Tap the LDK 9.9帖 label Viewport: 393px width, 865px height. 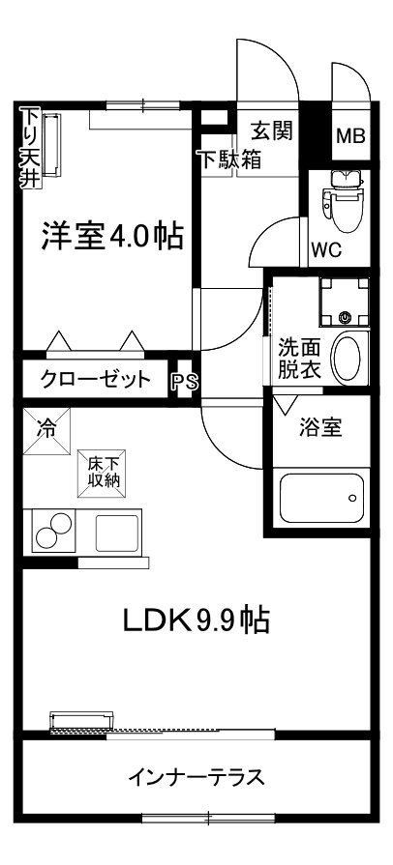tap(196, 621)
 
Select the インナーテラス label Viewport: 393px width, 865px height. tap(196, 777)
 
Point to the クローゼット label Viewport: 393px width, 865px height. tap(96, 379)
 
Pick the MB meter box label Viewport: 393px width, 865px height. tap(351, 136)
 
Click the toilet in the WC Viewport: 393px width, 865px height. tap(343, 200)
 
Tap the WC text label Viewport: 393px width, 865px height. tap(326, 250)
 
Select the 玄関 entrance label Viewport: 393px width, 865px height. tap(272, 130)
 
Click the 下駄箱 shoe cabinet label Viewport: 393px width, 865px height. tap(230, 160)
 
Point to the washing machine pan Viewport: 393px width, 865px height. tap(345, 302)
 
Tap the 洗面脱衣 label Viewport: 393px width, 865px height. tap(299, 360)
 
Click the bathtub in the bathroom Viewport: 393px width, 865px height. tap(321, 498)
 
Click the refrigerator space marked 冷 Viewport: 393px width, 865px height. tap(46, 431)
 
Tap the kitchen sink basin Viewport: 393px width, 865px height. tap(117, 533)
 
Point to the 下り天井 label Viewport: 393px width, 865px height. tap(28, 149)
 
